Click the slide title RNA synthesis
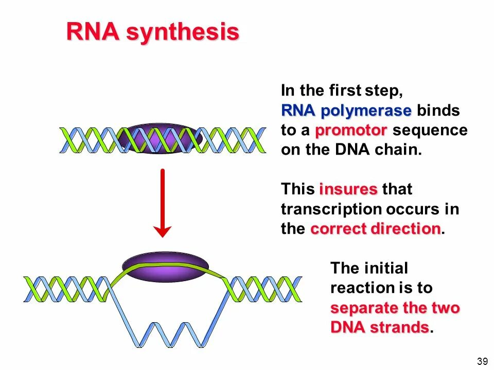pos(153,33)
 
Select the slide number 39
pos(482,361)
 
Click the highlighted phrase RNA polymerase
pos(346,111)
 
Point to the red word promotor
pos(351,131)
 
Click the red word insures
pos(348,189)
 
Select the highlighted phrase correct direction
pos(376,229)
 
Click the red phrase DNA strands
pos(379,327)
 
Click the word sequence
pos(430,131)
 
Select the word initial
pos(386,268)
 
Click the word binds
pos(438,111)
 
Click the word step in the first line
pos(383,91)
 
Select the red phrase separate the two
pos(395,308)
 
